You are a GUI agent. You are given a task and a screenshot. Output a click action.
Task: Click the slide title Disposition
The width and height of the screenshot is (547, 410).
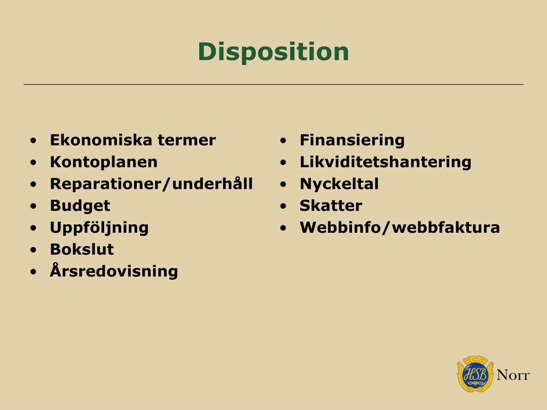(273, 52)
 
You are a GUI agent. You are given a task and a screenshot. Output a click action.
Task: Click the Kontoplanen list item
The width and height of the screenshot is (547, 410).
(104, 162)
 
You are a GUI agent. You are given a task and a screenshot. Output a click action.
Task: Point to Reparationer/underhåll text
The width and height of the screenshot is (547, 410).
(151, 184)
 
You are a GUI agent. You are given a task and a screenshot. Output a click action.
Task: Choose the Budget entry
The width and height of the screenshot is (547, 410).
(80, 206)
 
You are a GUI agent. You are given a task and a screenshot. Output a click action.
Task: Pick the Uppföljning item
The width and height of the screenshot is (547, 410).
(99, 228)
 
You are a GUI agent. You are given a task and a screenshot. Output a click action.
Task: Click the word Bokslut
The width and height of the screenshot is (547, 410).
(82, 249)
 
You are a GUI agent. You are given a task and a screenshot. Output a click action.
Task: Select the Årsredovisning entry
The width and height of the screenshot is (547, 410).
(114, 271)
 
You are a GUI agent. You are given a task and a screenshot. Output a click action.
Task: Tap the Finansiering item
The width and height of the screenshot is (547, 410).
(352, 140)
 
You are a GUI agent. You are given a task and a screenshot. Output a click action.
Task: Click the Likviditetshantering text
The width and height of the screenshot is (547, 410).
(385, 162)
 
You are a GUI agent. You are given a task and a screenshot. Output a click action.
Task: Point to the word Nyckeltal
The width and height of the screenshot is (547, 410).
(339, 184)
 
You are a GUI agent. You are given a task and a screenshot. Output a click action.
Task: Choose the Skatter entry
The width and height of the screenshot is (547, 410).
(331, 206)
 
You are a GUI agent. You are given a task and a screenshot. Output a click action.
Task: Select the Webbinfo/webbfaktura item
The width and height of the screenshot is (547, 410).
(400, 228)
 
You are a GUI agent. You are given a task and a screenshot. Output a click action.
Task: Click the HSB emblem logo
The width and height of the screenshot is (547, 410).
(475, 374)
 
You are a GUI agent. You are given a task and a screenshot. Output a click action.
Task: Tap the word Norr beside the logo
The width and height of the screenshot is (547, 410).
(513, 375)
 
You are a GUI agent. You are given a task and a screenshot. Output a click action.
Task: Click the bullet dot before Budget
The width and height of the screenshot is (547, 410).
(34, 206)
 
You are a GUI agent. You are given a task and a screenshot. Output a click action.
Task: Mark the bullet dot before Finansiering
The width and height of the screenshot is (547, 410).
(284, 141)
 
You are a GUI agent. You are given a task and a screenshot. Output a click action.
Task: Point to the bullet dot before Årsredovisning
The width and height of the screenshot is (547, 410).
(34, 272)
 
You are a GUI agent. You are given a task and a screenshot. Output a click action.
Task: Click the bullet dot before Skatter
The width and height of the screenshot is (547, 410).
(284, 206)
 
